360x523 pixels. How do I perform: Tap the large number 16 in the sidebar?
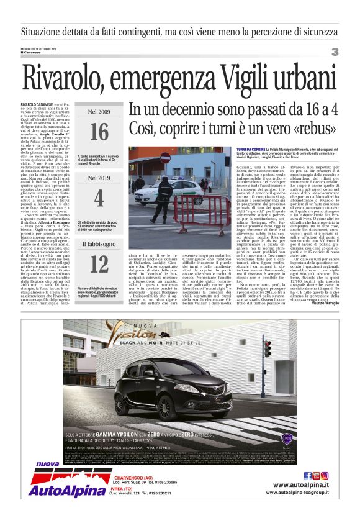[x=99, y=132]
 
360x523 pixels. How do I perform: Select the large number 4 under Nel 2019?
[x=99, y=198]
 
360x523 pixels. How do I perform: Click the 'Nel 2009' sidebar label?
[x=99, y=112]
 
